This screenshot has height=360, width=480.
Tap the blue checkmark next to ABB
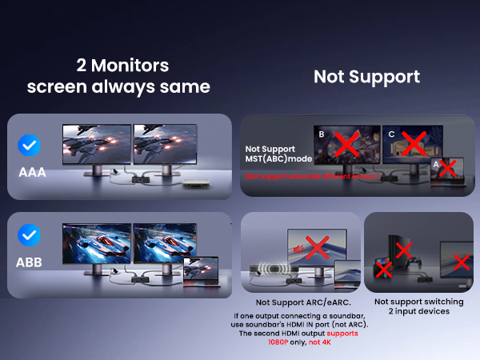[x=29, y=235]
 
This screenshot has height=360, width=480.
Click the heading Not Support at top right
[x=366, y=77]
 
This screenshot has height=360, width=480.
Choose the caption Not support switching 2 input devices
[x=418, y=307]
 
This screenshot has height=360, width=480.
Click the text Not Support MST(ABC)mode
[x=278, y=154]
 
